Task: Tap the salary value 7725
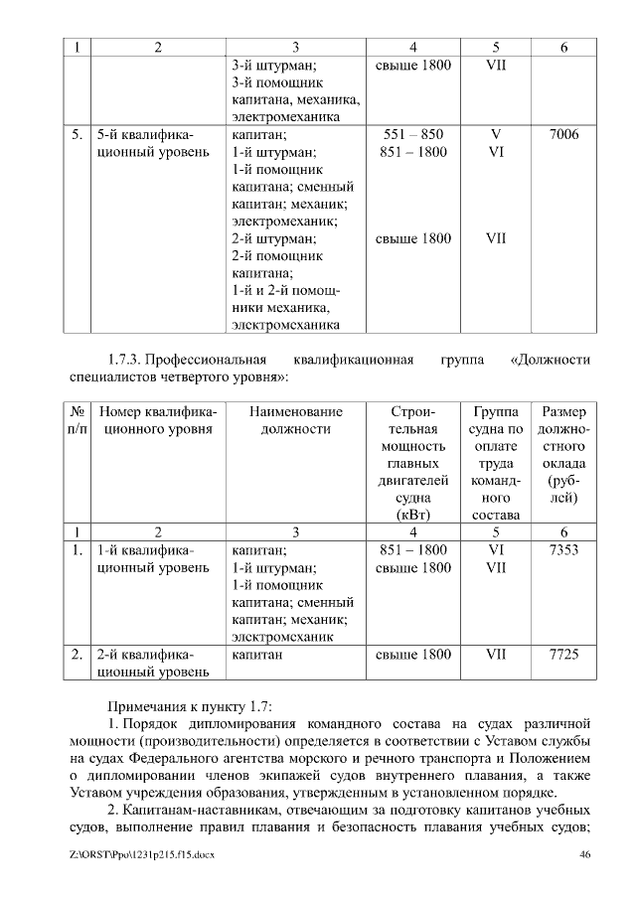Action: click(x=563, y=655)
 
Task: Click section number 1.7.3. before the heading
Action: click(x=130, y=359)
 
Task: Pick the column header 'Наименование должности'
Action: click(x=295, y=420)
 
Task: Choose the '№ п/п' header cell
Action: click(x=77, y=420)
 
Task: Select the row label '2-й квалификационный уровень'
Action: click(x=154, y=664)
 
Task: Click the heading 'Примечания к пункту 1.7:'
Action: click(x=190, y=702)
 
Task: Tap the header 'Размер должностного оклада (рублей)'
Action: click(x=563, y=454)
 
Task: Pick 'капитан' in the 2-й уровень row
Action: click(x=256, y=655)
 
